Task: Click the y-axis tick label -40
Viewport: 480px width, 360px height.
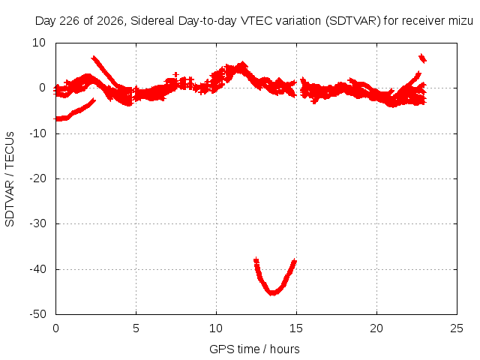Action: (37, 269)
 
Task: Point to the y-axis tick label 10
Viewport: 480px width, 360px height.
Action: (39, 43)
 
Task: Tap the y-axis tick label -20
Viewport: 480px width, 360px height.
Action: (37, 178)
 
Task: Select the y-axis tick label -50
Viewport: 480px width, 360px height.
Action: (37, 313)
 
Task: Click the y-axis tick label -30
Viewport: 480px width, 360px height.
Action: (37, 223)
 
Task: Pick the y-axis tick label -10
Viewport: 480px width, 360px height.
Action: (37, 133)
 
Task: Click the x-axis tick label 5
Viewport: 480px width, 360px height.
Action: (136, 328)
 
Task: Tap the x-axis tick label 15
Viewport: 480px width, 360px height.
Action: (296, 328)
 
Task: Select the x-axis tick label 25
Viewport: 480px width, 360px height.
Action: (457, 328)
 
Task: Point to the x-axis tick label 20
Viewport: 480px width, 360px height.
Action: (376, 328)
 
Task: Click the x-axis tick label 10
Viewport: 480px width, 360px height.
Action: (216, 328)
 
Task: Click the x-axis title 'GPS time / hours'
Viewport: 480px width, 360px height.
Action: (254, 349)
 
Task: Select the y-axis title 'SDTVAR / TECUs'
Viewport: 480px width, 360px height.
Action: (10, 179)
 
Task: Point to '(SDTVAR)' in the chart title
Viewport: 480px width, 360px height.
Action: (353, 21)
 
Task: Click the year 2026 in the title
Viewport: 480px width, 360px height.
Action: (110, 21)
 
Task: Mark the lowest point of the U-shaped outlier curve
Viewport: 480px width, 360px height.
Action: (272, 293)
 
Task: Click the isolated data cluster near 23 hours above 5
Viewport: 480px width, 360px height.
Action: (422, 58)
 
